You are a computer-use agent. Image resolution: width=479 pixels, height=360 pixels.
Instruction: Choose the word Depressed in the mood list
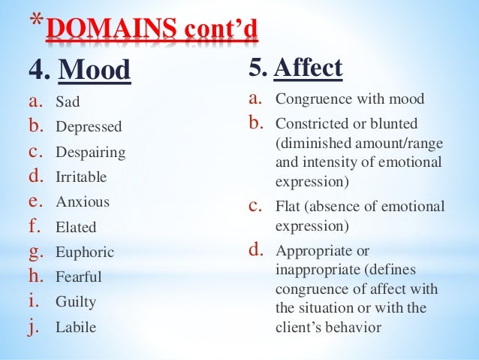[x=87, y=126]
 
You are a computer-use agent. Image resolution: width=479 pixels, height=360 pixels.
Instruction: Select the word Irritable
[x=81, y=177]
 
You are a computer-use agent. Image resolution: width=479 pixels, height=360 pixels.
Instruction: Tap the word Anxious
[x=82, y=201]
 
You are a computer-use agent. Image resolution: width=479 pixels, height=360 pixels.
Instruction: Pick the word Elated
[x=76, y=227]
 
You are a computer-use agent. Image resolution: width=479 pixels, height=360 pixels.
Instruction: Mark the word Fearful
[x=79, y=277]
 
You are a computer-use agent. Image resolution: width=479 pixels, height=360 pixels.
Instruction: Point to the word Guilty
[x=76, y=302]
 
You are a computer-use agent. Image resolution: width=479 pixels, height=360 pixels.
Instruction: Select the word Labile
[x=76, y=327]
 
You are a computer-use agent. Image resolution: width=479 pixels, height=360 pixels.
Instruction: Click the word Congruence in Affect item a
[x=312, y=98]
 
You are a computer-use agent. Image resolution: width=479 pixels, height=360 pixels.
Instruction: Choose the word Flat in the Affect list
[x=288, y=206]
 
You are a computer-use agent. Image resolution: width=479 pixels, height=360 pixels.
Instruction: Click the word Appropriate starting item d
[x=312, y=250]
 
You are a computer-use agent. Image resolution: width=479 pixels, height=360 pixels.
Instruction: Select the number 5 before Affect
[x=257, y=69]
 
